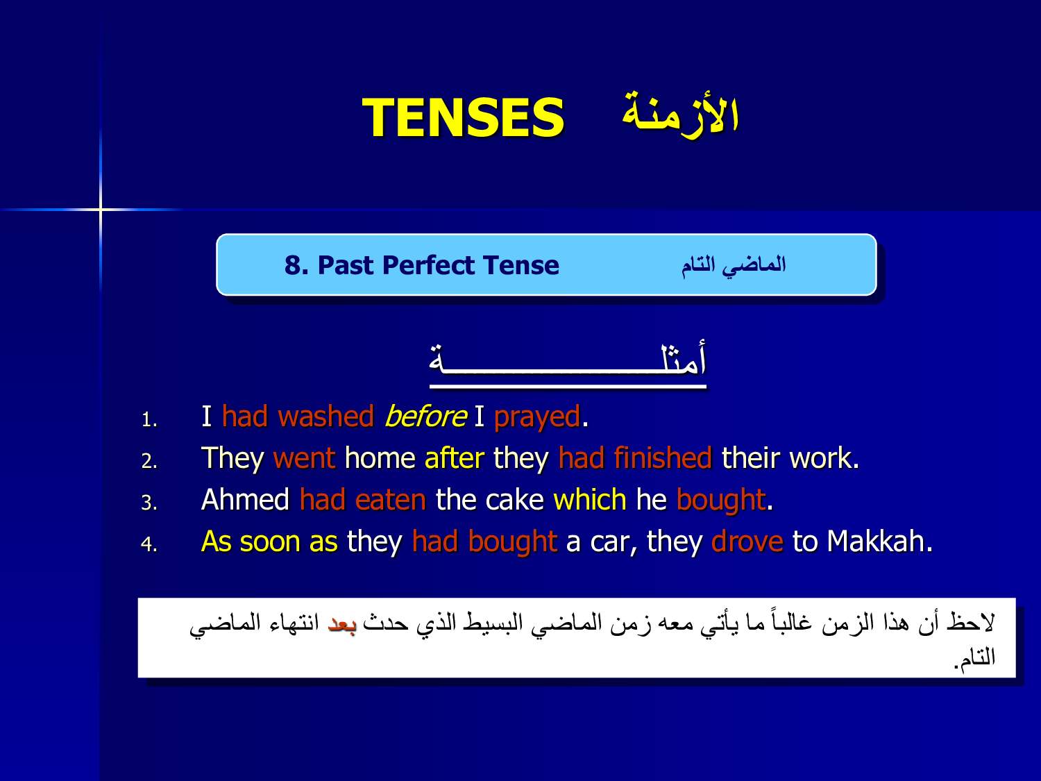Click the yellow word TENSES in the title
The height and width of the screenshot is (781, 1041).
click(463, 117)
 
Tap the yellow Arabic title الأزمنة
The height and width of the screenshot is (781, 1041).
click(681, 114)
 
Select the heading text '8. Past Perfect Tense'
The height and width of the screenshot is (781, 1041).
click(422, 265)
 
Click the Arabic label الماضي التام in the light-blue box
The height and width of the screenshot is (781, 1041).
click(734, 266)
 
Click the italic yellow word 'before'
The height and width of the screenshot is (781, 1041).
click(426, 417)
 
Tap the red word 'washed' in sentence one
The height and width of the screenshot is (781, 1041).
click(325, 417)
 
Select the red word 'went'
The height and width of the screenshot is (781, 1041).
click(305, 459)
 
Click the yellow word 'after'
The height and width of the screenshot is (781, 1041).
click(455, 458)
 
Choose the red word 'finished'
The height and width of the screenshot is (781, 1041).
click(663, 458)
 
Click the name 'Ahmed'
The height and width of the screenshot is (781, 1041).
click(245, 500)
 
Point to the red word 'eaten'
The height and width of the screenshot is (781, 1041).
click(390, 501)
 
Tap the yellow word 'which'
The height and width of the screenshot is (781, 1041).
click(590, 500)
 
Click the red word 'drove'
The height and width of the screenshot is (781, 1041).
click(747, 541)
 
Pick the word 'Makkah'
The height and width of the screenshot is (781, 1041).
click(876, 541)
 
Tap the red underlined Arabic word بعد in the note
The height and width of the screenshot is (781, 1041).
click(341, 623)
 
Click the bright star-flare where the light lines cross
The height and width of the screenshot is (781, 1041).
click(101, 209)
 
